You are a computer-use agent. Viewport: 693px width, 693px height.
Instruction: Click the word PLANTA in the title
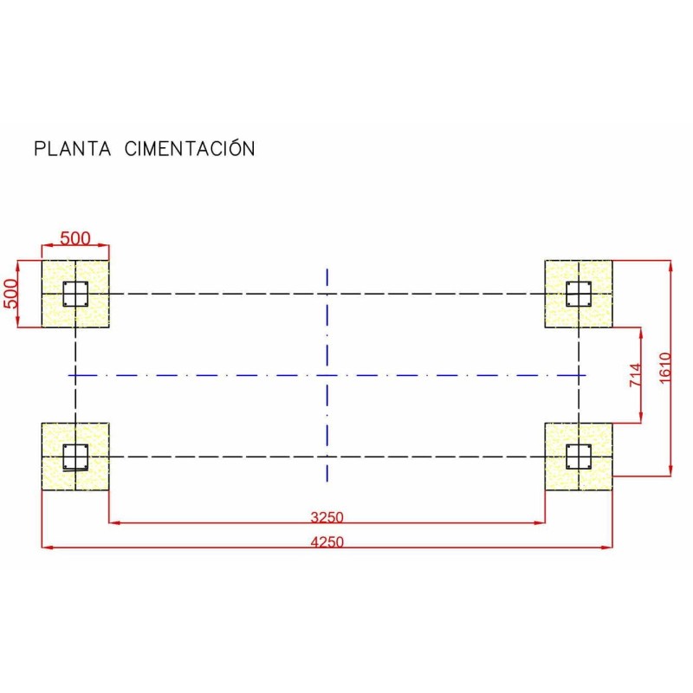(73, 148)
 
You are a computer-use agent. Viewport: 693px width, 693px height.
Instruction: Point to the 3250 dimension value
(327, 517)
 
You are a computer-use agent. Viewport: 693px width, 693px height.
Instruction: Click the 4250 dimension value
(327, 542)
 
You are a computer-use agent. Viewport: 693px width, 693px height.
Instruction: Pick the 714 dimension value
(635, 375)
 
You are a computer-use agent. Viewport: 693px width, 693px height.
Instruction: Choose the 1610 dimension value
(665, 368)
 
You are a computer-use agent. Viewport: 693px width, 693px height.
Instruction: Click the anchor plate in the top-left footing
(76, 294)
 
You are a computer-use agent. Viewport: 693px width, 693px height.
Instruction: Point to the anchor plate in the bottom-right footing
(578, 456)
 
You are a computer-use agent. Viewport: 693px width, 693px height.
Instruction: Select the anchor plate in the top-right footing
(578, 294)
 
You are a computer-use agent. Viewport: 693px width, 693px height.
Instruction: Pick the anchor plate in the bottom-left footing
(76, 456)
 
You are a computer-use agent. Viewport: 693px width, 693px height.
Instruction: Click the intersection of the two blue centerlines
(327, 375)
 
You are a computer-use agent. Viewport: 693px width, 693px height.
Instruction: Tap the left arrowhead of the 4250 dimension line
(46, 547)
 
